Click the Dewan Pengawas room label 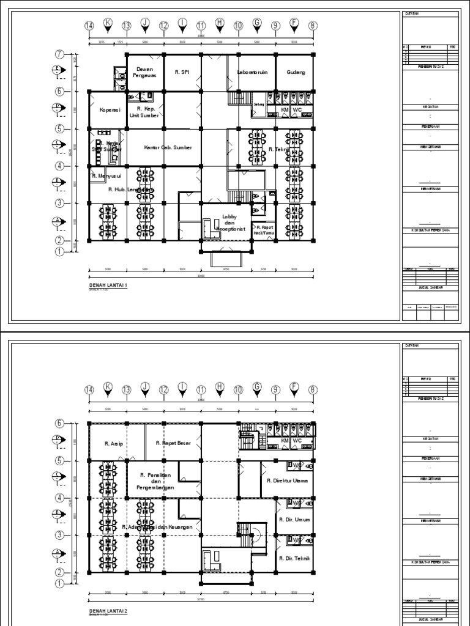pyautogui.click(x=144, y=72)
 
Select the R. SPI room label pyautogui.click(x=182, y=72)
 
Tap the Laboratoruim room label pyautogui.click(x=254, y=72)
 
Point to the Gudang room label pyautogui.click(x=295, y=72)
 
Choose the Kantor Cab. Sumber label pyautogui.click(x=168, y=148)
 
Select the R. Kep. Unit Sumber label pyautogui.click(x=144, y=111)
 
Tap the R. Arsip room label pyautogui.click(x=113, y=443)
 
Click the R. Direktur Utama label pyautogui.click(x=288, y=481)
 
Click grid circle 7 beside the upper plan pyautogui.click(x=60, y=54)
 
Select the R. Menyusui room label pyautogui.click(x=108, y=176)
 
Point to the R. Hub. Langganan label pyautogui.click(x=129, y=190)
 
